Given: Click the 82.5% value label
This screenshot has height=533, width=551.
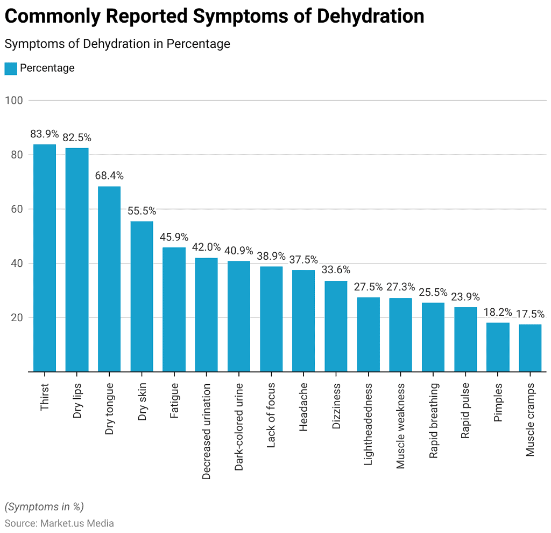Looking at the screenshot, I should click(x=77, y=137).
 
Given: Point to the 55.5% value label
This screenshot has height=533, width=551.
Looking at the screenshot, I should click(x=142, y=211).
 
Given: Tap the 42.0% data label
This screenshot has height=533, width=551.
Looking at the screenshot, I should click(x=207, y=247).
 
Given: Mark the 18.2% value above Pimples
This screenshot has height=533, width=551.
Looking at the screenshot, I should click(x=498, y=312).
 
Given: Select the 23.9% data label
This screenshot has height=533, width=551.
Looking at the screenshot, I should click(x=465, y=297).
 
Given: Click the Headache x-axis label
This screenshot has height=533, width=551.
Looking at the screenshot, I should click(x=304, y=407).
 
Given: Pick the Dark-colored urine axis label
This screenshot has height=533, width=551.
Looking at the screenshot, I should click(x=239, y=427).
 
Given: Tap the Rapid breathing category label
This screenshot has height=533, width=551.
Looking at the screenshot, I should click(x=434, y=420).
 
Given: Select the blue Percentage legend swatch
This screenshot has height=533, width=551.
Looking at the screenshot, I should click(x=11, y=68).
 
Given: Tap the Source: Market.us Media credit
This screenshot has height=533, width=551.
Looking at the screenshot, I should click(x=59, y=523).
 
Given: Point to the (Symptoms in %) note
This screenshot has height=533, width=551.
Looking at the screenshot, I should click(x=44, y=507).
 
